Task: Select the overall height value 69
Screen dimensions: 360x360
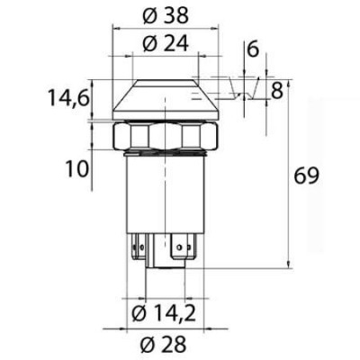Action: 307,176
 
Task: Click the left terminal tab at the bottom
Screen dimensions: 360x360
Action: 139,245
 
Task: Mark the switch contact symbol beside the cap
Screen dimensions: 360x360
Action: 240,89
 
